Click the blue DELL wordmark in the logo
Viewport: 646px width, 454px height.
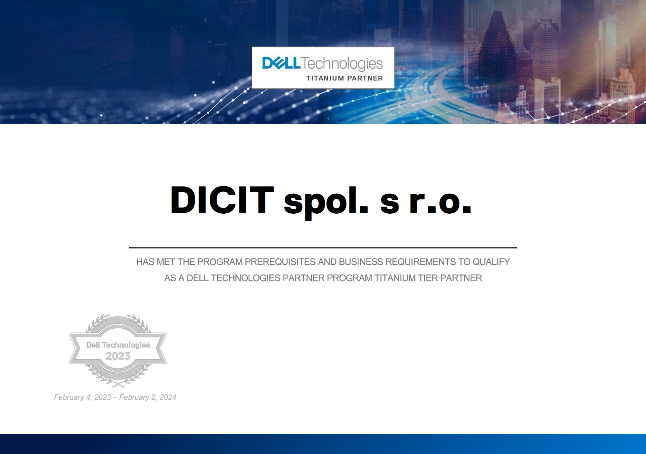(281, 63)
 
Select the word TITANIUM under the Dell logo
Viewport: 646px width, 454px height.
(325, 78)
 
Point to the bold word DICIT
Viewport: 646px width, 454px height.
(222, 200)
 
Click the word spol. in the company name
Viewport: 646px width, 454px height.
(326, 202)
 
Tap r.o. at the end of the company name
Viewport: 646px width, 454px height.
(440, 204)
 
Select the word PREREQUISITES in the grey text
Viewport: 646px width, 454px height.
(280, 262)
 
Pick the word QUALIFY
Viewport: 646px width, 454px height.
(491, 262)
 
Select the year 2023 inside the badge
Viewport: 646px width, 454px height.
(118, 356)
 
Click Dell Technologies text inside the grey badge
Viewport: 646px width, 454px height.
(118, 345)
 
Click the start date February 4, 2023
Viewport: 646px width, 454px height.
(83, 397)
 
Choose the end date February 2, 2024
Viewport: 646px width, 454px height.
(148, 397)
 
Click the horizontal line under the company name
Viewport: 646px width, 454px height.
(323, 248)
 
